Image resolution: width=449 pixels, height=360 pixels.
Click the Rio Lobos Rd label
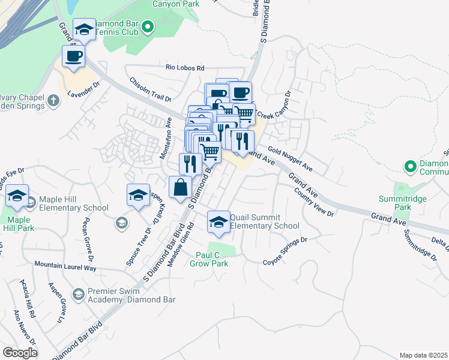185,68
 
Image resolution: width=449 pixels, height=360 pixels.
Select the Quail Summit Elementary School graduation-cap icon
218,221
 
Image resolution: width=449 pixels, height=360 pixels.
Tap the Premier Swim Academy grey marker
78,294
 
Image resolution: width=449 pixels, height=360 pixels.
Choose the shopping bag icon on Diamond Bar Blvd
180,187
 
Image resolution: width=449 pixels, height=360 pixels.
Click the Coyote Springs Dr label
285,251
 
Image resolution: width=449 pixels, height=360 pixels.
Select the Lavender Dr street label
82,93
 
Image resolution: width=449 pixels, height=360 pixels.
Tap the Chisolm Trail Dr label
151,89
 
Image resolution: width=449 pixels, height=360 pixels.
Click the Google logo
20,352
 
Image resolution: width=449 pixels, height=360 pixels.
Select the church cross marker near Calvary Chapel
53,100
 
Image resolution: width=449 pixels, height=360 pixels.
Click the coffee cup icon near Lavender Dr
73,56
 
